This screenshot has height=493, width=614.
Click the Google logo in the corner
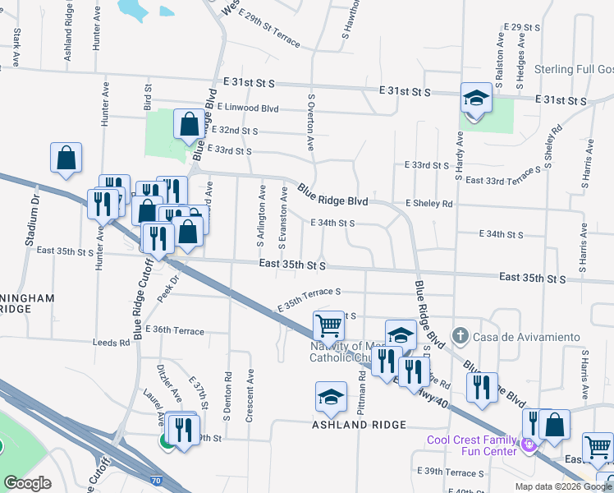(27, 483)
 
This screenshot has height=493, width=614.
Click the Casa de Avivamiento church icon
(460, 336)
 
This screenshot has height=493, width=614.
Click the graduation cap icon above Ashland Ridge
(331, 397)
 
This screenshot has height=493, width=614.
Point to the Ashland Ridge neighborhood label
(358, 425)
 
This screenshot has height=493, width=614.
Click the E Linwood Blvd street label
(244, 108)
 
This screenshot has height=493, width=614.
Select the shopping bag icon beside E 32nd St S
(189, 125)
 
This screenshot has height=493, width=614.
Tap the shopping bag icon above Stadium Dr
(66, 158)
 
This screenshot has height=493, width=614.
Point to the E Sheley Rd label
(428, 203)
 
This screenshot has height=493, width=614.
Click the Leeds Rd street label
(112, 343)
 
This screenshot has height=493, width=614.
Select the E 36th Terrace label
(175, 329)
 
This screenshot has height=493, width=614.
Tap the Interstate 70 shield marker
(156, 478)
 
